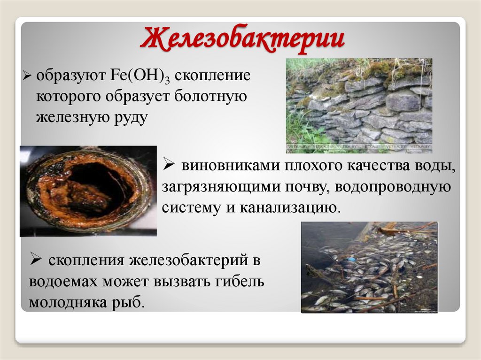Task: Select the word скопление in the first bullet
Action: [215, 76]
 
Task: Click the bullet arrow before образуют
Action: [27, 76]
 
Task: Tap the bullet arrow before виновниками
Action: [169, 165]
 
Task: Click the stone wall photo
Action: [359, 106]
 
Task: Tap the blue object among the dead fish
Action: [351, 259]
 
